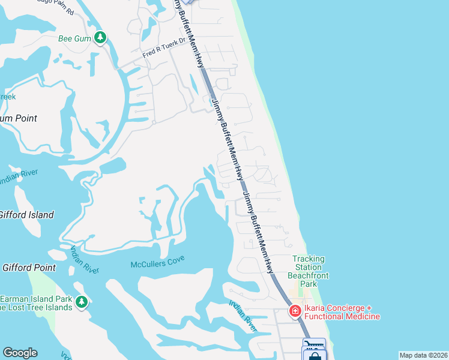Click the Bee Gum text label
pyautogui.click(x=74, y=39)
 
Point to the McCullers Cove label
pyautogui.click(x=158, y=262)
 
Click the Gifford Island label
pyautogui.click(x=26, y=215)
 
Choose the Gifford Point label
pyautogui.click(x=28, y=268)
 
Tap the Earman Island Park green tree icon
pyautogui.click(x=81, y=301)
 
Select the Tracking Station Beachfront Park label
pyautogui.click(x=309, y=271)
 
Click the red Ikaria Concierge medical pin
pyautogui.click(x=295, y=311)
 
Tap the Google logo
pyautogui.click(x=20, y=353)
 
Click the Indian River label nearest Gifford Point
pyautogui.click(x=85, y=259)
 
